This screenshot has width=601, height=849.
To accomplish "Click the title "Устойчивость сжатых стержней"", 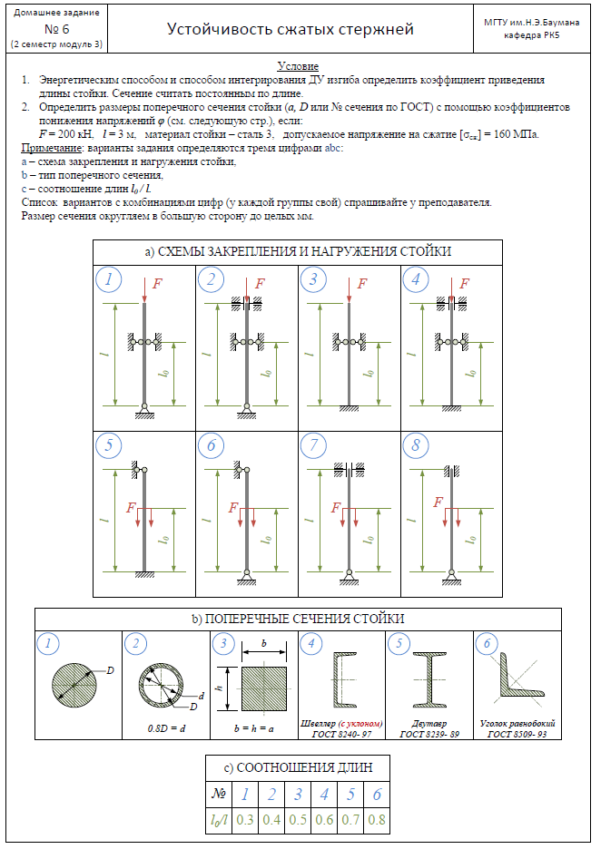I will coord(291,29).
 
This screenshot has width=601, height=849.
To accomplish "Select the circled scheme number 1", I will coord(109,280).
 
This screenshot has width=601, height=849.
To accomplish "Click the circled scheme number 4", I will coord(416,280).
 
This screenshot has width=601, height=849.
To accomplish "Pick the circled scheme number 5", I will coord(109,445).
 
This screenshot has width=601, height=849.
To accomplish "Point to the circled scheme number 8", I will coord(416,445).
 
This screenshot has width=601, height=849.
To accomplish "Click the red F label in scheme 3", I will coord(363,284).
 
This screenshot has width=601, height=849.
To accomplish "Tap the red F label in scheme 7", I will coord(338,508).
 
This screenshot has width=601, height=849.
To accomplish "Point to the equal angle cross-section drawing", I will coord(514,678).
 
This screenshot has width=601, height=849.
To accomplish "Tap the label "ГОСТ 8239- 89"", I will coord(429,734).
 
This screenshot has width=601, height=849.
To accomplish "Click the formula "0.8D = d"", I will coord(166,727).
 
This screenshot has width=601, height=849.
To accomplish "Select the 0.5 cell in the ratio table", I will coord(298,820).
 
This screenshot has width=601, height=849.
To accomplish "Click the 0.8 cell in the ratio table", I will coord(377,820).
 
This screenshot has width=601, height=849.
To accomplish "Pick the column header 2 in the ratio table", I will coord(271,795).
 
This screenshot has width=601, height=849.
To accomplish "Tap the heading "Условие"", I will coord(298,67).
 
